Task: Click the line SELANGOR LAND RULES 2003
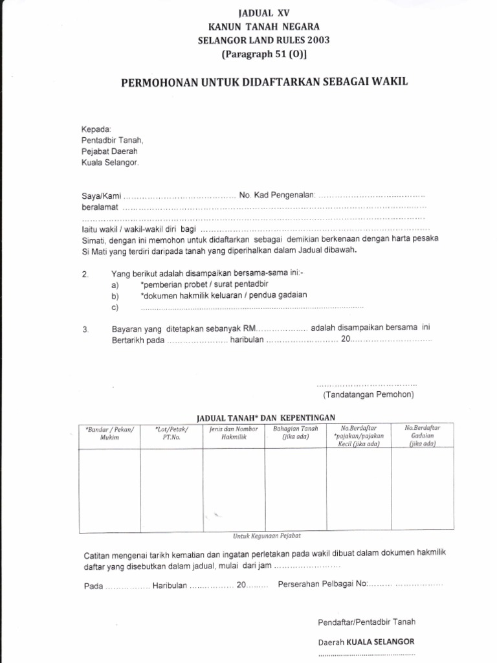click(x=263, y=40)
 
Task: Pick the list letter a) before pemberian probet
click(x=115, y=285)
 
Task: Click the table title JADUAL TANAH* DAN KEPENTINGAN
click(x=266, y=417)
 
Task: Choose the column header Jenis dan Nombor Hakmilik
click(x=234, y=433)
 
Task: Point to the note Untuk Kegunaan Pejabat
click(x=267, y=536)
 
